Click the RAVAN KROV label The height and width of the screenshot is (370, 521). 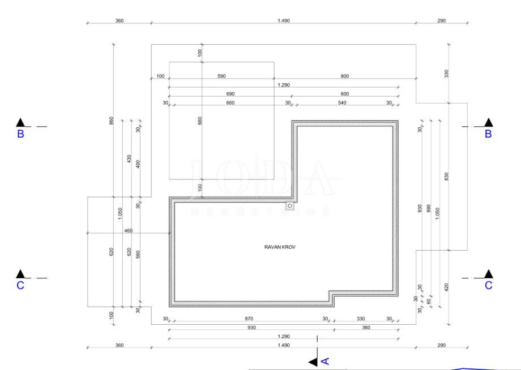pyautogui.click(x=276, y=247)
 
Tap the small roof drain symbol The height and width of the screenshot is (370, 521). pyautogui.click(x=290, y=206)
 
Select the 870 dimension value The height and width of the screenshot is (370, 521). pyautogui.click(x=250, y=319)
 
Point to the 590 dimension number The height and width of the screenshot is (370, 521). pyautogui.click(x=222, y=76)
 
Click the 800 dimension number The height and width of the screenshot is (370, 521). pyautogui.click(x=345, y=76)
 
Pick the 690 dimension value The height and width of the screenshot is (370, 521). pyautogui.click(x=230, y=93)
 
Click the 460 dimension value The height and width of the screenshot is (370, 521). pyautogui.click(x=129, y=230)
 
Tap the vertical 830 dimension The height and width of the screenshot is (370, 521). pyautogui.click(x=447, y=177)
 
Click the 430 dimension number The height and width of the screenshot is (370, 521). pyautogui.click(x=130, y=159)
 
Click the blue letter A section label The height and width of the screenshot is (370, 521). pyautogui.click(x=325, y=360)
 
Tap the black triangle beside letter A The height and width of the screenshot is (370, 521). pyautogui.click(x=313, y=361)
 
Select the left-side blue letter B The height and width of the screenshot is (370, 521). pyautogui.click(x=20, y=135)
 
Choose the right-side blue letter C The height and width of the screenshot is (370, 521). pyautogui.click(x=488, y=286)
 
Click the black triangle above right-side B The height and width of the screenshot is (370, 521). pyautogui.click(x=488, y=122)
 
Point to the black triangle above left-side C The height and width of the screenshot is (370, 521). pyautogui.click(x=20, y=274)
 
